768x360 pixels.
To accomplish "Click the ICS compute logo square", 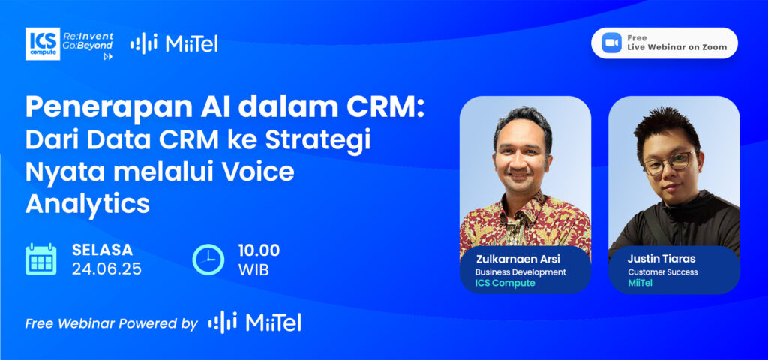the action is click(43, 44).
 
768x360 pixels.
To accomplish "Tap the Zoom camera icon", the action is click(610, 43).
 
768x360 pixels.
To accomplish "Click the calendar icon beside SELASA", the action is click(41, 259).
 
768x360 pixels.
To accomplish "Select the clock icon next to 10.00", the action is click(208, 259).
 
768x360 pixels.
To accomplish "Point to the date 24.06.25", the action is click(106, 269).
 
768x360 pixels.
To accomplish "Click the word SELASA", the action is click(102, 250).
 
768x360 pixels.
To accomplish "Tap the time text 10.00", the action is click(259, 250).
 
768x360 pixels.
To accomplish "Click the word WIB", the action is click(253, 270).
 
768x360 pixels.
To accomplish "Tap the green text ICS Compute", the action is click(505, 283).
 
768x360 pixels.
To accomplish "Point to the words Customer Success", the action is click(663, 271).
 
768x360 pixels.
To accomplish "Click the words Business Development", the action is click(520, 271).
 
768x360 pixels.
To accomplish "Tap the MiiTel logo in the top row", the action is click(174, 44).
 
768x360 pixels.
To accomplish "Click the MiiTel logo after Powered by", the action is click(255, 322).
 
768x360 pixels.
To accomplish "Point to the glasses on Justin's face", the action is click(668, 162).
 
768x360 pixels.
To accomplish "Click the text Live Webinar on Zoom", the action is click(677, 47).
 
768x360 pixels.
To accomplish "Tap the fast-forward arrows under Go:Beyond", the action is click(108, 57).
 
